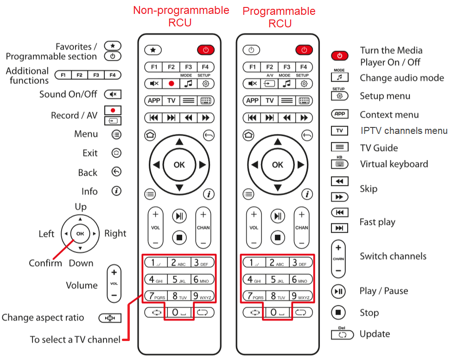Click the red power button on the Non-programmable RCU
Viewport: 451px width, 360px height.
point(206,50)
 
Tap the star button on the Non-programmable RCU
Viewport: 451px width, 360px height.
point(153,50)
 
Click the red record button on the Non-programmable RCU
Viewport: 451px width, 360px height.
point(171,83)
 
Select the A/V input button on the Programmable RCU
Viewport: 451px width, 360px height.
point(269,83)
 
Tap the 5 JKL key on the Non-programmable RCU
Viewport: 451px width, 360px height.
point(179,279)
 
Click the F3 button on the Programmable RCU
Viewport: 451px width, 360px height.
point(287,67)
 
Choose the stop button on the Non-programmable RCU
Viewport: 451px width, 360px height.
point(179,238)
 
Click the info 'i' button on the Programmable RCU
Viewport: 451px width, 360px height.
point(307,194)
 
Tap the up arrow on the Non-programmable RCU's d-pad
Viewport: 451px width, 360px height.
point(179,142)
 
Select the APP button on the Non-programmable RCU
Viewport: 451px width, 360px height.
point(154,101)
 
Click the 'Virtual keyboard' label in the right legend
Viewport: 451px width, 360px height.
point(394,164)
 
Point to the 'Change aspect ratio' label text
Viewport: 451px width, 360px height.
point(43,317)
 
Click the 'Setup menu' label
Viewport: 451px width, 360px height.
point(385,96)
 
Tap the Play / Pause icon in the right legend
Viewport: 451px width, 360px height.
point(339,291)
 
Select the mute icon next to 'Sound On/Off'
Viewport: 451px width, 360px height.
point(112,95)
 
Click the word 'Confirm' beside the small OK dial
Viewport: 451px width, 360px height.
point(45,263)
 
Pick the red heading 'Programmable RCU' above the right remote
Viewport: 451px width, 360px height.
point(279,17)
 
